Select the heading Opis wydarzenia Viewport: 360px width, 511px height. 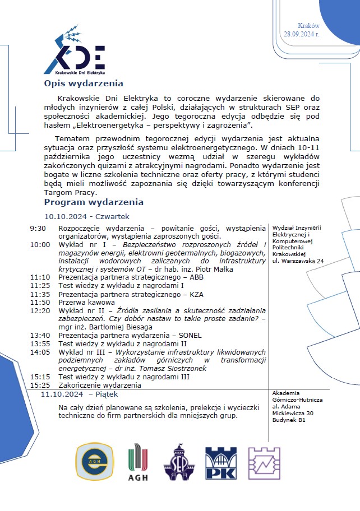point(84,84)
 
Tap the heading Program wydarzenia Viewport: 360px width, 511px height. point(94,202)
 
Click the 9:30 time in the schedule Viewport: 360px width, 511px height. point(38,228)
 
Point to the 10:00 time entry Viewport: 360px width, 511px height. point(40,244)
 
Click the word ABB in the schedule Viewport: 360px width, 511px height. point(197,277)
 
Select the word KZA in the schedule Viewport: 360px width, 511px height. point(196,294)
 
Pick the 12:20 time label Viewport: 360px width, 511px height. point(40,310)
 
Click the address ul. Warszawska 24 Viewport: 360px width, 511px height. point(298,261)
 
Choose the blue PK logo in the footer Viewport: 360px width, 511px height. point(220,463)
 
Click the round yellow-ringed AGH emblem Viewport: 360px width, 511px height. point(94,462)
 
